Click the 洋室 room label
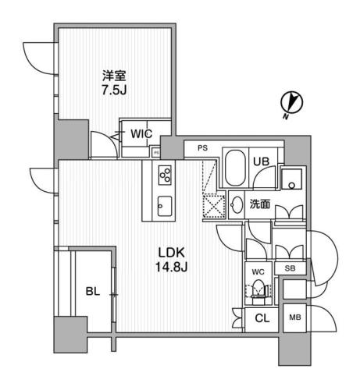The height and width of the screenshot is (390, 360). coord(114,76)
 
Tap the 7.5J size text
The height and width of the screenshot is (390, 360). coord(114,91)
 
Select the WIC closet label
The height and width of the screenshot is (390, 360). coord(141,133)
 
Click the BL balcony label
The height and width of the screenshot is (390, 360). coord(91,292)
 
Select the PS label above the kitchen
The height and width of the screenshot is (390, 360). coord(202,147)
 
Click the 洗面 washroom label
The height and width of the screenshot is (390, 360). coord(260,204)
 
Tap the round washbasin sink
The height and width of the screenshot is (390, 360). coord(237,205)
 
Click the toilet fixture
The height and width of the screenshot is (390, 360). coord(258,291)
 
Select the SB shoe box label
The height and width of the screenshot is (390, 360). coord(290,268)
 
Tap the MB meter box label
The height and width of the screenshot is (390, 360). coord(294,317)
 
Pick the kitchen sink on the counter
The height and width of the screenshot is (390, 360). coord(165,206)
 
